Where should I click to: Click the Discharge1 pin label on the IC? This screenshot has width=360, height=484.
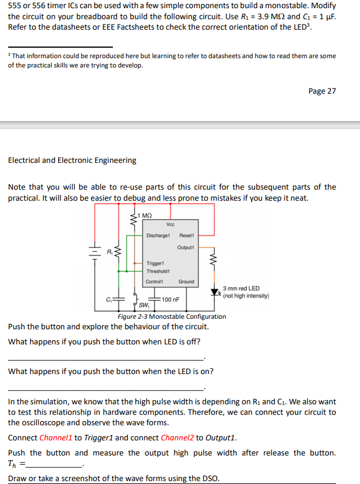(158, 236)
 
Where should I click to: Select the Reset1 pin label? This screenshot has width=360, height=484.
(187, 236)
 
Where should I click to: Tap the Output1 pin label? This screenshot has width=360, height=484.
(186, 247)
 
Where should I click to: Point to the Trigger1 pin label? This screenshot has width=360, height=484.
(155, 264)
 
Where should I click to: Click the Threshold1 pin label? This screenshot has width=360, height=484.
(158, 271)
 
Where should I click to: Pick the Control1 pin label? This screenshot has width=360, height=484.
(154, 282)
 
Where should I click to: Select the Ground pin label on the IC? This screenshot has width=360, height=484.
(186, 282)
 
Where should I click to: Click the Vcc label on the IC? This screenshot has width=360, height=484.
(170, 225)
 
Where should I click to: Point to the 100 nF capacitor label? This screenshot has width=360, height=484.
(170, 300)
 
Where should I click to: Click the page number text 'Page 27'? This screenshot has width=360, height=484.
(322, 91)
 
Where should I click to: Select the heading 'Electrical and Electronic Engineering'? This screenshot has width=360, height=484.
(72, 160)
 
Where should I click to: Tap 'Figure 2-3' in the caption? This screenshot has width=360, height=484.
(133, 316)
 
